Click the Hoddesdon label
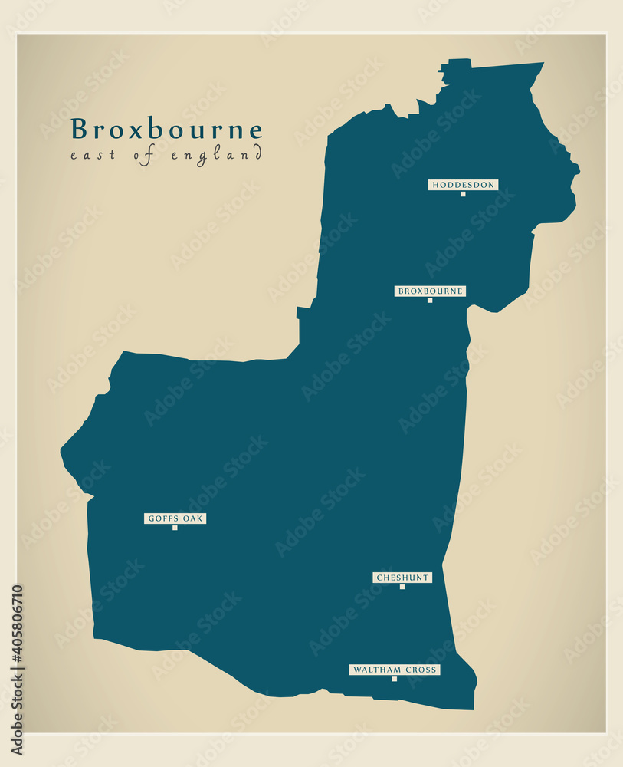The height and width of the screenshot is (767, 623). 463,185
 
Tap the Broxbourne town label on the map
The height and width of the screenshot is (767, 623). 430,291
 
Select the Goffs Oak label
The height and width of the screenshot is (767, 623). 175,518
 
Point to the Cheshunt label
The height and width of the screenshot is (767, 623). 402,578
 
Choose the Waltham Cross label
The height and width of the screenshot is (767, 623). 395,670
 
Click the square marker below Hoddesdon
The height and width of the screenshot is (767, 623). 463,194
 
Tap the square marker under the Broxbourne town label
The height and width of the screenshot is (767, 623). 430,301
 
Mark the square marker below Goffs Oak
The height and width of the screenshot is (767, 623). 175,528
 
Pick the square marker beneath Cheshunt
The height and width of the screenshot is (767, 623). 402,587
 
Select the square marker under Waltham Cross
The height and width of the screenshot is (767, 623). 395,679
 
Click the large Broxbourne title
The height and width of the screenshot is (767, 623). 166,130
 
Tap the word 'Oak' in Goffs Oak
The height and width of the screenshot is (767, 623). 192,518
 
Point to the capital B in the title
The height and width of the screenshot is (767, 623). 79,129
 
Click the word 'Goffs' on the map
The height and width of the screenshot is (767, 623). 163,518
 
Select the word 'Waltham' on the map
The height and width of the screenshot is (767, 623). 375,670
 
